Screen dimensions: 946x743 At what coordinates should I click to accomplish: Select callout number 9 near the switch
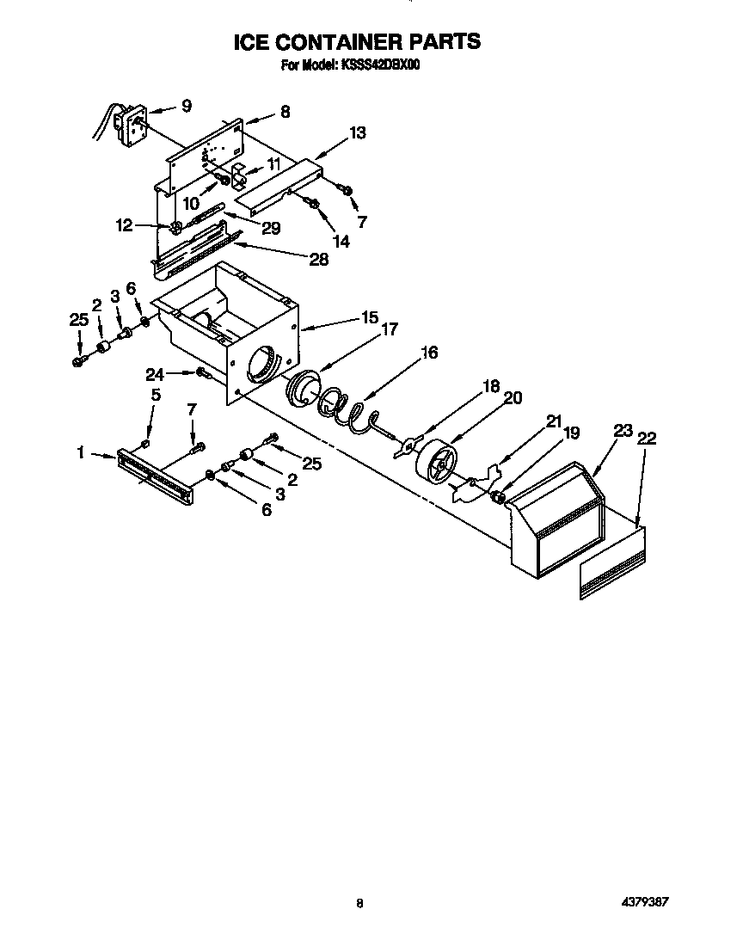[x=186, y=106]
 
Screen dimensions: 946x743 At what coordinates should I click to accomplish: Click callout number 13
[x=357, y=132]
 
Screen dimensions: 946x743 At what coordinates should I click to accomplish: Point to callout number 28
[x=318, y=260]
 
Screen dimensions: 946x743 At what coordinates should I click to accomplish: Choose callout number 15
[x=369, y=317]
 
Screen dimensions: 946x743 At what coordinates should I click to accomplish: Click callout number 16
[x=429, y=352]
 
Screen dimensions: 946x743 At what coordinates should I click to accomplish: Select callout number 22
[x=648, y=439]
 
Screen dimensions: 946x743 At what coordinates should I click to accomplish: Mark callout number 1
[x=82, y=452]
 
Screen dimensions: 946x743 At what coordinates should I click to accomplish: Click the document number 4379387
[x=644, y=902]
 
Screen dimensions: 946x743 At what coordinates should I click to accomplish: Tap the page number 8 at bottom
[x=360, y=903]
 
